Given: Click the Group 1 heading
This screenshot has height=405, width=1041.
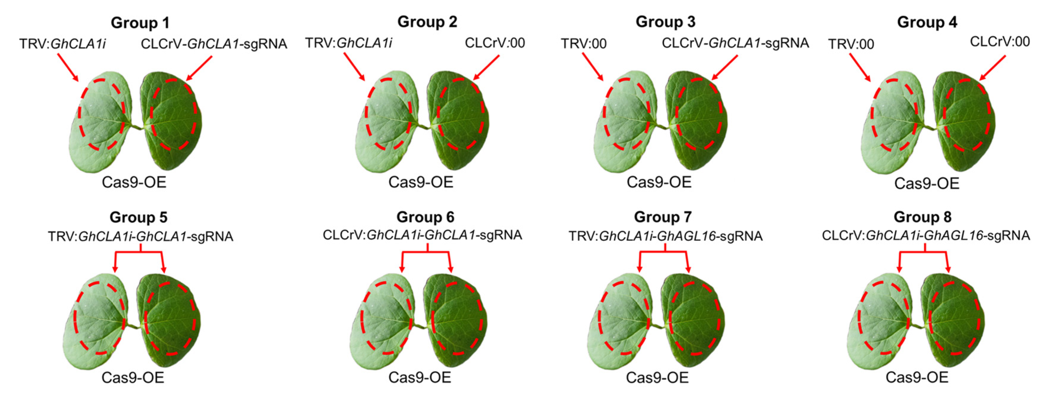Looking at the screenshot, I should coord(140,23).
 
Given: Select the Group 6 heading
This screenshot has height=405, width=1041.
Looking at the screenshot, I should coord(425,217).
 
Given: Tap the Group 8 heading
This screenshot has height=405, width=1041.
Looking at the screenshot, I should coord(922,217).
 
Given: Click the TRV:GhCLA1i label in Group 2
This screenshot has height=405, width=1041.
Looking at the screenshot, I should coord(348,43).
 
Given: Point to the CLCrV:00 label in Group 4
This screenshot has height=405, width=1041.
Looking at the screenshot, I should coord(999,42).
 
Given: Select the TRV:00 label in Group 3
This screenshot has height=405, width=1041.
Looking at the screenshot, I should coord(583,44).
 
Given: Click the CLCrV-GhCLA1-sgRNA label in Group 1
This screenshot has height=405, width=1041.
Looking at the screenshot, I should coord(214,44).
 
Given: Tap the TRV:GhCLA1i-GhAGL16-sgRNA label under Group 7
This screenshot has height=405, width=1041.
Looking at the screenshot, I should coord(665,236).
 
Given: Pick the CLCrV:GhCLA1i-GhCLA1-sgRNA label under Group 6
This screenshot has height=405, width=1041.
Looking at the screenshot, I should coord(422,235).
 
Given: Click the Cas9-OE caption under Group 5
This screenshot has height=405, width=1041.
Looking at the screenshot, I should coord(133,377).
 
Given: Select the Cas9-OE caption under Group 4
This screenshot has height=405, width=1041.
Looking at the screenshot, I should coord(927,184).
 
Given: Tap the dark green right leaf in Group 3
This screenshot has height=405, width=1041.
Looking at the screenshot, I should coord(697,117).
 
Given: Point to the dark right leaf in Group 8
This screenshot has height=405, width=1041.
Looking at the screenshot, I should coord(956,320).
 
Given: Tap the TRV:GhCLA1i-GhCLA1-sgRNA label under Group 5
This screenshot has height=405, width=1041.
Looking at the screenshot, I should coord(140,236).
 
